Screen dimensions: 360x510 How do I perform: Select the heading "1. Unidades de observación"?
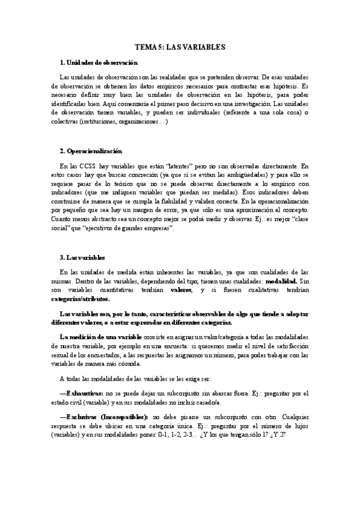click(99, 63)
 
